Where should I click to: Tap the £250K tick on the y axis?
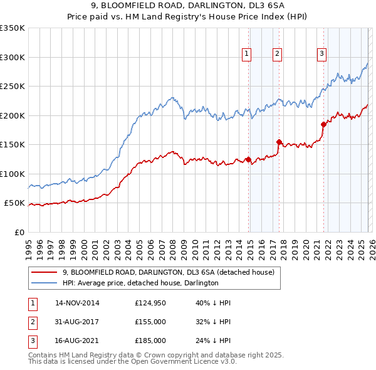13,86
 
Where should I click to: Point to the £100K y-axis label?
13,174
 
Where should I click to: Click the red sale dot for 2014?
249,159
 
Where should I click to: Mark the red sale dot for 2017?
279,142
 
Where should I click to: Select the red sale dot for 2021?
323,124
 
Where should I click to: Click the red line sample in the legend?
44,273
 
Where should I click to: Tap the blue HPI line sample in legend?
44,283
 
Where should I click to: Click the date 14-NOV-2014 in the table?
77,303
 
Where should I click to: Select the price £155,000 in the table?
150,322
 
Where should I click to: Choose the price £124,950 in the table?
150,303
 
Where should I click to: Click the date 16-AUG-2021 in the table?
77,341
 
